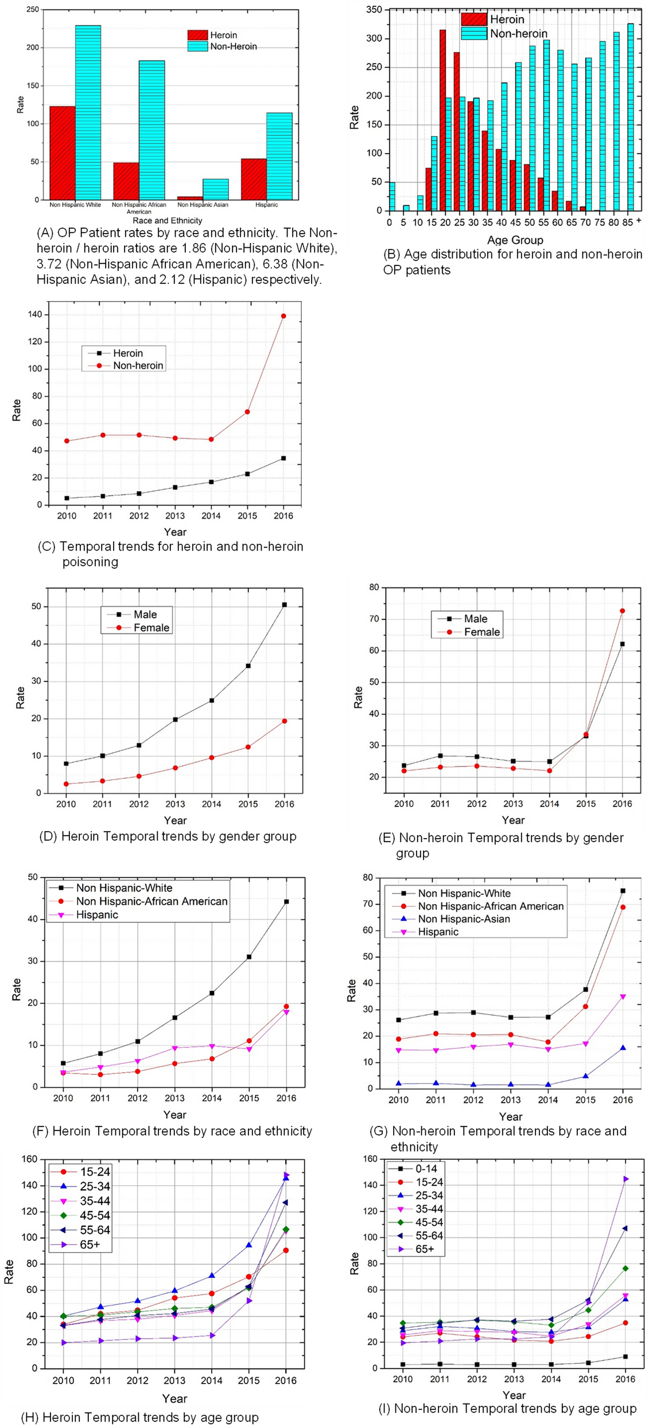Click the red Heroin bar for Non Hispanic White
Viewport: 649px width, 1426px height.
pyautogui.click(x=62, y=153)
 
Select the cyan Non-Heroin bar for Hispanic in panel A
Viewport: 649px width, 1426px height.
pyautogui.click(x=279, y=156)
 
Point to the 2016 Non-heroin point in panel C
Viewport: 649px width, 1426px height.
pyautogui.click(x=283, y=316)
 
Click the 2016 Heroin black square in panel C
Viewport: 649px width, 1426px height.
pyautogui.click(x=283, y=458)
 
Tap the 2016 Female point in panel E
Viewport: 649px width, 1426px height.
pyautogui.click(x=622, y=611)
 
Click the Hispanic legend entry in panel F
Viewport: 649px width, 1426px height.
pyautogui.click(x=96, y=914)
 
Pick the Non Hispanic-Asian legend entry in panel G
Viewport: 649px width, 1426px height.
pyautogui.click(x=464, y=919)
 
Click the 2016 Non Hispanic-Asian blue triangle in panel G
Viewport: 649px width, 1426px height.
pyautogui.click(x=623, y=1048)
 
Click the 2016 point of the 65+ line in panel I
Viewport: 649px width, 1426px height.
pyautogui.click(x=625, y=1179)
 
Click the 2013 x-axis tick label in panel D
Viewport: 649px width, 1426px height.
pyautogui.click(x=175, y=804)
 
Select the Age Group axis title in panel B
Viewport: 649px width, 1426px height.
pyautogui.click(x=515, y=240)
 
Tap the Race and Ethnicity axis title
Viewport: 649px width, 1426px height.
pyautogui.click(x=167, y=220)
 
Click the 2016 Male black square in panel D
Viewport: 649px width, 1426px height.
pyautogui.click(x=284, y=605)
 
